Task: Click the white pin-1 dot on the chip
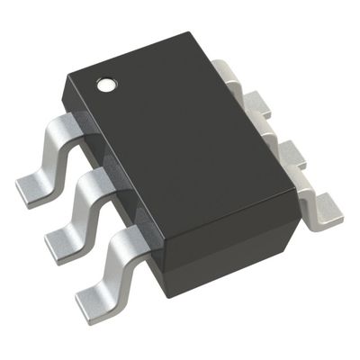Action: coord(106,86)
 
